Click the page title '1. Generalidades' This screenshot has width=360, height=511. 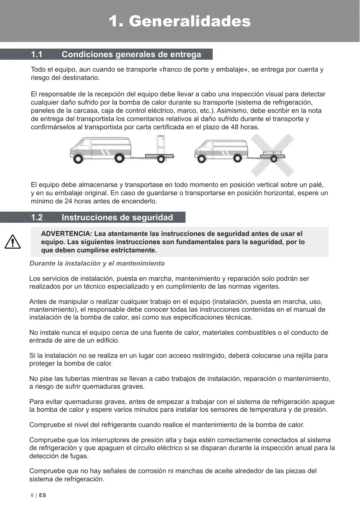[179, 21]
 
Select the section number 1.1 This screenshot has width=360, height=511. [37, 54]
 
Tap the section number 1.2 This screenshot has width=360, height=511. [37, 217]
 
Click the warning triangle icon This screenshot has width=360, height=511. [13, 242]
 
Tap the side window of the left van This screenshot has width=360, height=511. [86, 143]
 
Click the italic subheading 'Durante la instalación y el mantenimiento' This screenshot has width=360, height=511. [97, 263]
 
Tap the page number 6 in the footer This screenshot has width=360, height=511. [32, 495]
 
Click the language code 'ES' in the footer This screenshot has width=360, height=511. [43, 495]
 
